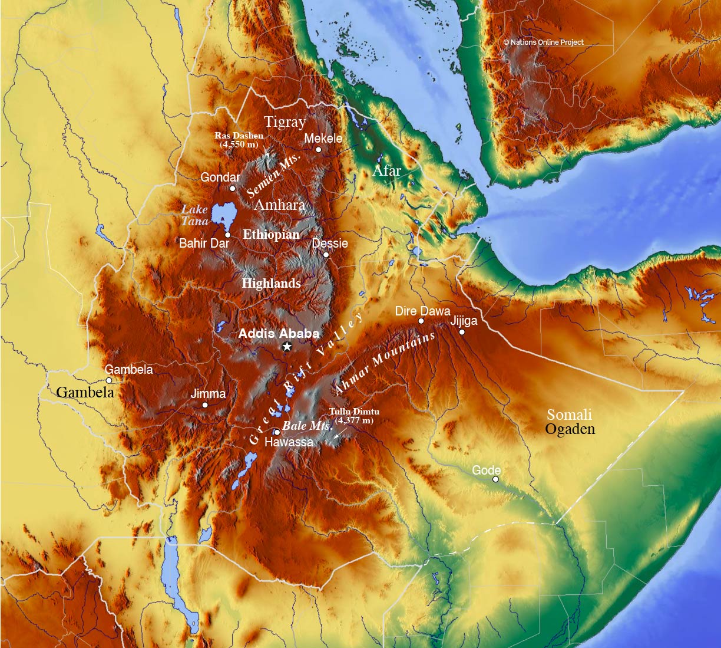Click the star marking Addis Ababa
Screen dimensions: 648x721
tap(287, 346)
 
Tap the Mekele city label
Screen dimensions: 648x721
tap(323, 138)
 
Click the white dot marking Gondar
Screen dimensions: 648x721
tap(232, 188)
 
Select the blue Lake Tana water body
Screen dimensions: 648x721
tap(224, 214)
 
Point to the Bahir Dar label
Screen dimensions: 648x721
tap(204, 243)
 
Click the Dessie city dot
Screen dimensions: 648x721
tap(326, 254)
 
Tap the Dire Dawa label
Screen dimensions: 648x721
tap(422, 311)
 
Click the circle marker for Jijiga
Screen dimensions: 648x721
tap(462, 332)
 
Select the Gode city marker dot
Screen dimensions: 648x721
tap(495, 479)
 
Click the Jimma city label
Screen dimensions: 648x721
tap(208, 394)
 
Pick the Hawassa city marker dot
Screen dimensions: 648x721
tap(277, 432)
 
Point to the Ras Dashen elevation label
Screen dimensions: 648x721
tap(239, 139)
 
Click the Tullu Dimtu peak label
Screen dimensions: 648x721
tap(354, 416)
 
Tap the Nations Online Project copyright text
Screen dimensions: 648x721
tap(543, 42)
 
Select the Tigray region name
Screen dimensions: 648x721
tap(285, 122)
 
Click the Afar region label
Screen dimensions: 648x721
tap(386, 171)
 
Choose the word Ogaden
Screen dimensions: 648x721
tap(570, 429)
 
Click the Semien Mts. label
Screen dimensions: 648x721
tap(274, 176)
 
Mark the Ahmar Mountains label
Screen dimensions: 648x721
tap(385, 362)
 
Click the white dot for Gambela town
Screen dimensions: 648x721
tap(109, 380)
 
